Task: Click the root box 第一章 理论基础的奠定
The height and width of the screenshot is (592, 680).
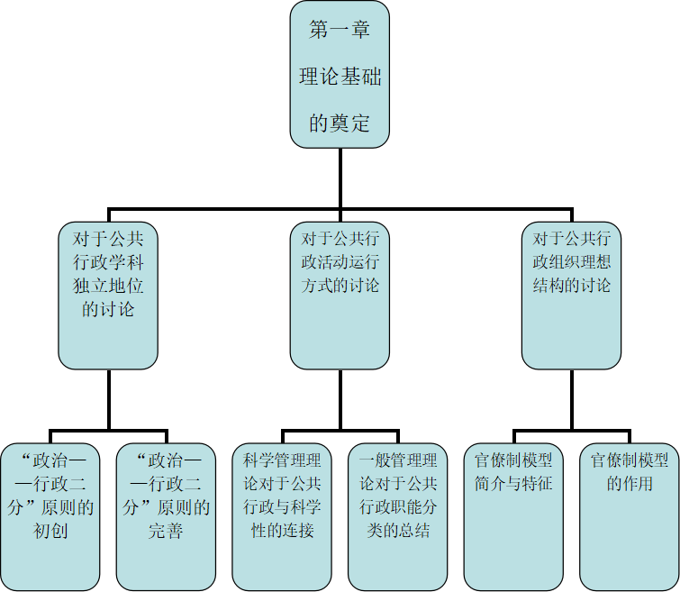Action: tap(340, 74)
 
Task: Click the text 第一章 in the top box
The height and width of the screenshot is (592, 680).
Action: tap(340, 30)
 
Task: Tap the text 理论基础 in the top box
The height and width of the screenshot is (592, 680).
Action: tap(340, 77)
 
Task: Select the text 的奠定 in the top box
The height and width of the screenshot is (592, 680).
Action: tap(340, 123)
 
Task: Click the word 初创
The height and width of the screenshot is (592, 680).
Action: tap(50, 531)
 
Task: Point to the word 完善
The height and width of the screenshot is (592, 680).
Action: tap(166, 531)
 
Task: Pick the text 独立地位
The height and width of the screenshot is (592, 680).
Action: tap(108, 286)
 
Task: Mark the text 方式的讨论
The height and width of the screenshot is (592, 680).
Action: tap(340, 286)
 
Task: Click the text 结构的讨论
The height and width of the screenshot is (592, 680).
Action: tap(571, 286)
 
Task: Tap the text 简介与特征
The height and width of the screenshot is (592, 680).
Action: tap(513, 484)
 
